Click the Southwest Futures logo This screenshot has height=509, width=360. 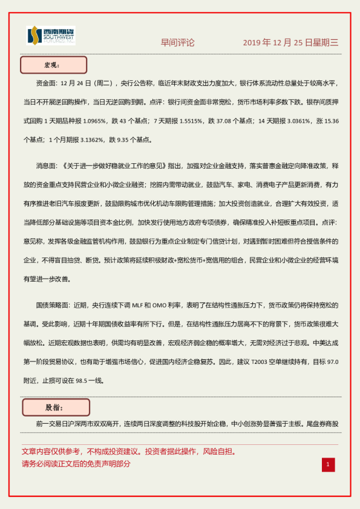[51, 36]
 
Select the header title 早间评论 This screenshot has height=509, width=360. [177, 43]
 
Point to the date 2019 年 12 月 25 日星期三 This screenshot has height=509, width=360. [290, 43]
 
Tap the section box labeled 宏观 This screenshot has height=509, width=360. [54, 65]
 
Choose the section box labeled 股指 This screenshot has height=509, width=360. [56, 407]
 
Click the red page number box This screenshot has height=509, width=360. [327, 464]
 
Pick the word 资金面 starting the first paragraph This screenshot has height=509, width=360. [47, 84]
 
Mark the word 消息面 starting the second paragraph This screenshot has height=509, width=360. [47, 165]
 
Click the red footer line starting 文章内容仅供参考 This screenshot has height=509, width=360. [128, 452]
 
